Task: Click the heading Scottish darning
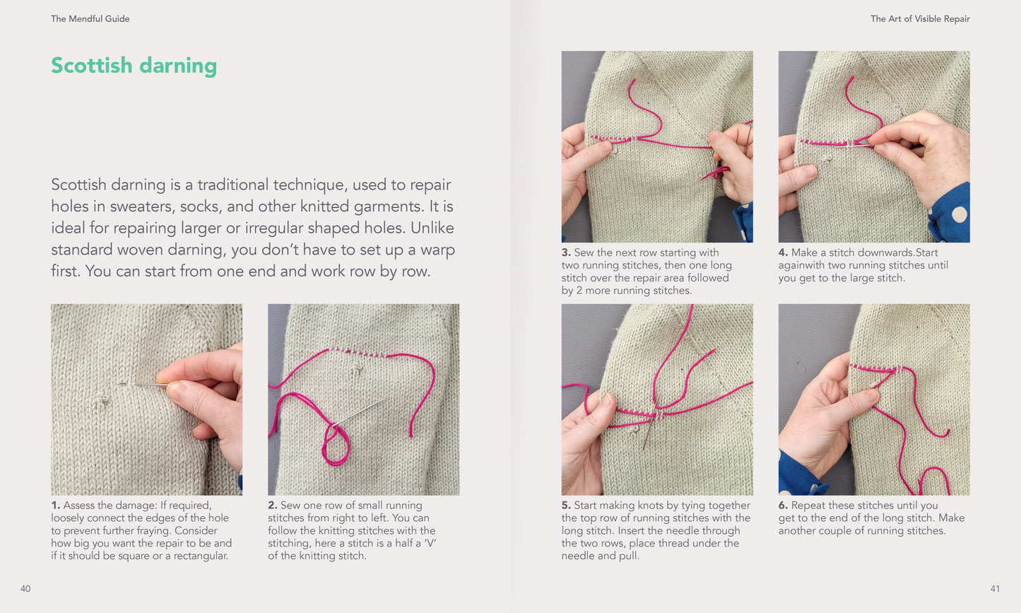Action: click(134, 66)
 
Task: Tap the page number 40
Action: click(25, 589)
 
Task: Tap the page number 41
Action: click(995, 589)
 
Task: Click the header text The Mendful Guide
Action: click(90, 19)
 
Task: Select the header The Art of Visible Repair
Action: click(920, 19)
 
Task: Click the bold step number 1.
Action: click(55, 506)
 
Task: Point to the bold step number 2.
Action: click(273, 506)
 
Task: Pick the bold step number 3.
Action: click(566, 252)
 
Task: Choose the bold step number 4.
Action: click(783, 252)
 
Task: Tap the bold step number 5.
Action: click(566, 506)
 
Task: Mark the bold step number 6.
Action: click(783, 506)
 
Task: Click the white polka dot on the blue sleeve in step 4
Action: click(960, 214)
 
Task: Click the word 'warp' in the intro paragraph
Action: click(437, 250)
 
